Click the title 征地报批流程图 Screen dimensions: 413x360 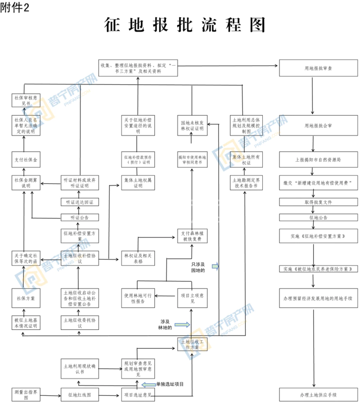[x=184, y=25]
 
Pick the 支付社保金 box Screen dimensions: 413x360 [x=26, y=159]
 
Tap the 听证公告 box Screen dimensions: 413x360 [x=79, y=217]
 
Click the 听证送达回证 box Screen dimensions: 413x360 [x=79, y=202]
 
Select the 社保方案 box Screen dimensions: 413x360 [x=26, y=298]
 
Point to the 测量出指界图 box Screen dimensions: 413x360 [x=26, y=395]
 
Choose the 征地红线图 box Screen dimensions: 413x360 [x=79, y=395]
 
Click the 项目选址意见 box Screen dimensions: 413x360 [x=137, y=395]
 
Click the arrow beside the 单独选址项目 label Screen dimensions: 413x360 [x=148, y=384]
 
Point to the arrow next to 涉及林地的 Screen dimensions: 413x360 [x=182, y=324]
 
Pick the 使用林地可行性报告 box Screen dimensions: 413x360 [x=137, y=298]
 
